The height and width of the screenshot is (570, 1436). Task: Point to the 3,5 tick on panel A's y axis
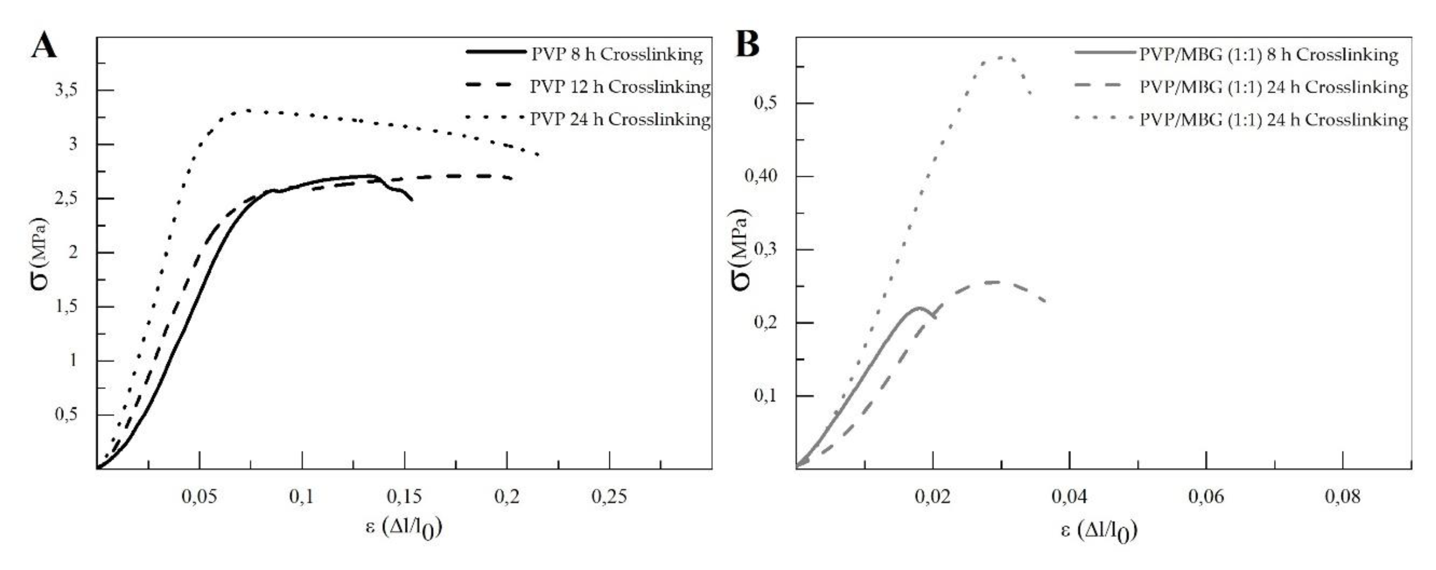(66, 90)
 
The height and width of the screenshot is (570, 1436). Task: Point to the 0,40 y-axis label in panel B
(762, 176)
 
